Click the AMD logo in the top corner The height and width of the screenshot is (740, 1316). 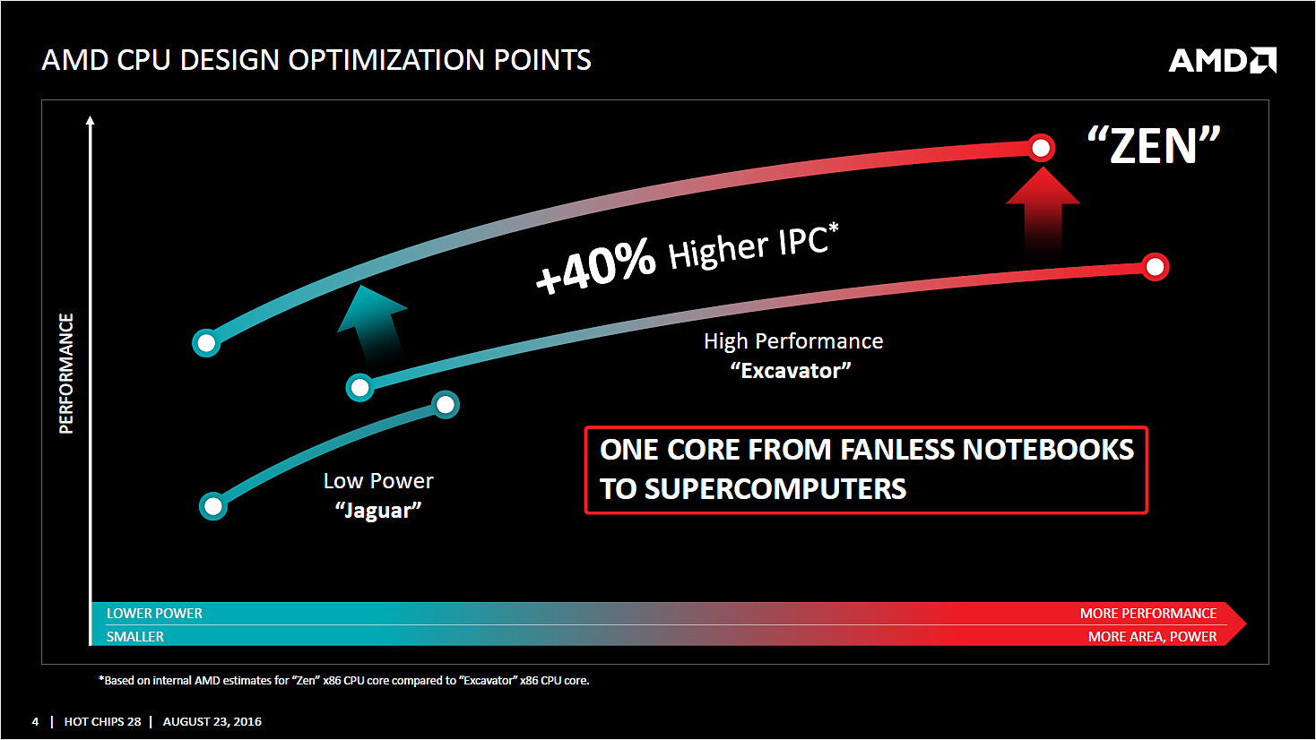[1222, 60]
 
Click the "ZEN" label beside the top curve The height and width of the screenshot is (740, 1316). [1153, 145]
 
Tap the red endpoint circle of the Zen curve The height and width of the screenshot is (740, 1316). [1041, 148]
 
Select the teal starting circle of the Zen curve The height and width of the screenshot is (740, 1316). [206, 343]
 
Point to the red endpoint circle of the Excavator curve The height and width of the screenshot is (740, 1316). [1155, 267]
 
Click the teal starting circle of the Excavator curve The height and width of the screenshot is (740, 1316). [360, 388]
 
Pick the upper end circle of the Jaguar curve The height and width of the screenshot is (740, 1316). [446, 405]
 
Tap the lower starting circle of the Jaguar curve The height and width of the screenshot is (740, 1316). [213, 506]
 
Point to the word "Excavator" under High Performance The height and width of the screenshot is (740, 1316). [791, 371]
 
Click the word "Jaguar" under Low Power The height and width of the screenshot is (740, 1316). [378, 510]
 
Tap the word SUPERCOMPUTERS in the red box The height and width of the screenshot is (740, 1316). [775, 488]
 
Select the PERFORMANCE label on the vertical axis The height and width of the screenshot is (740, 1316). [66, 374]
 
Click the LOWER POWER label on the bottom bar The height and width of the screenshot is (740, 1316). [154, 613]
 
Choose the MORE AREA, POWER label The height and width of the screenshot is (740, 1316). [1152, 637]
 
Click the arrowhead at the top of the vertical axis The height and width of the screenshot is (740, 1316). [90, 120]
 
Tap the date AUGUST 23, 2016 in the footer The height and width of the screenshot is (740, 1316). [212, 721]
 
